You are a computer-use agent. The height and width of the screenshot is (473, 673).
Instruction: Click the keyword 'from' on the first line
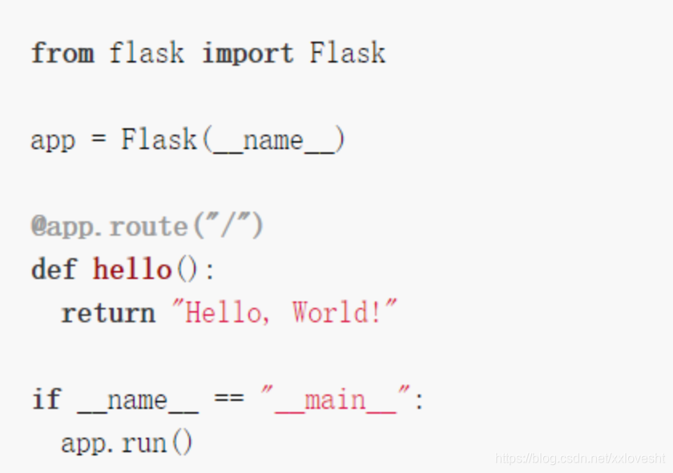pyautogui.click(x=62, y=54)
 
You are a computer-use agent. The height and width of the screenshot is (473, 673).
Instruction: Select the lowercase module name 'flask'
pyautogui.click(x=147, y=54)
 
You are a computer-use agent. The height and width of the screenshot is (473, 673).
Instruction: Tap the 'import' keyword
pyautogui.click(x=248, y=54)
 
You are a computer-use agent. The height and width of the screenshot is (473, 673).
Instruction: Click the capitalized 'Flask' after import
pyautogui.click(x=348, y=54)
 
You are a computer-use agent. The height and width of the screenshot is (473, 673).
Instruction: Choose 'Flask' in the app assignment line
pyautogui.click(x=159, y=140)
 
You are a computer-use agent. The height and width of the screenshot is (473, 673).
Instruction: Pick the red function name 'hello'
pyautogui.click(x=132, y=269)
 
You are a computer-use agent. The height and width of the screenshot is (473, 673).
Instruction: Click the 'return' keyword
pyautogui.click(x=108, y=313)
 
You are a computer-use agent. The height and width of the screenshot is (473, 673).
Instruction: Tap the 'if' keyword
pyautogui.click(x=46, y=399)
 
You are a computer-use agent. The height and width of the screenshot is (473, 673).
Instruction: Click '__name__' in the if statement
pyautogui.click(x=137, y=400)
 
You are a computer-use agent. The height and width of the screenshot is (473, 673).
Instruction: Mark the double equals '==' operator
pyautogui.click(x=229, y=399)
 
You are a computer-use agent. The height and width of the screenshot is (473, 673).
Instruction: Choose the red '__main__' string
pyautogui.click(x=336, y=400)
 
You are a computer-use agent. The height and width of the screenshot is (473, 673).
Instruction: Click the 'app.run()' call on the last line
pyautogui.click(x=127, y=443)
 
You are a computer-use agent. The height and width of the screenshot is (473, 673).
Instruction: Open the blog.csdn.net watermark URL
pyautogui.click(x=580, y=459)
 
